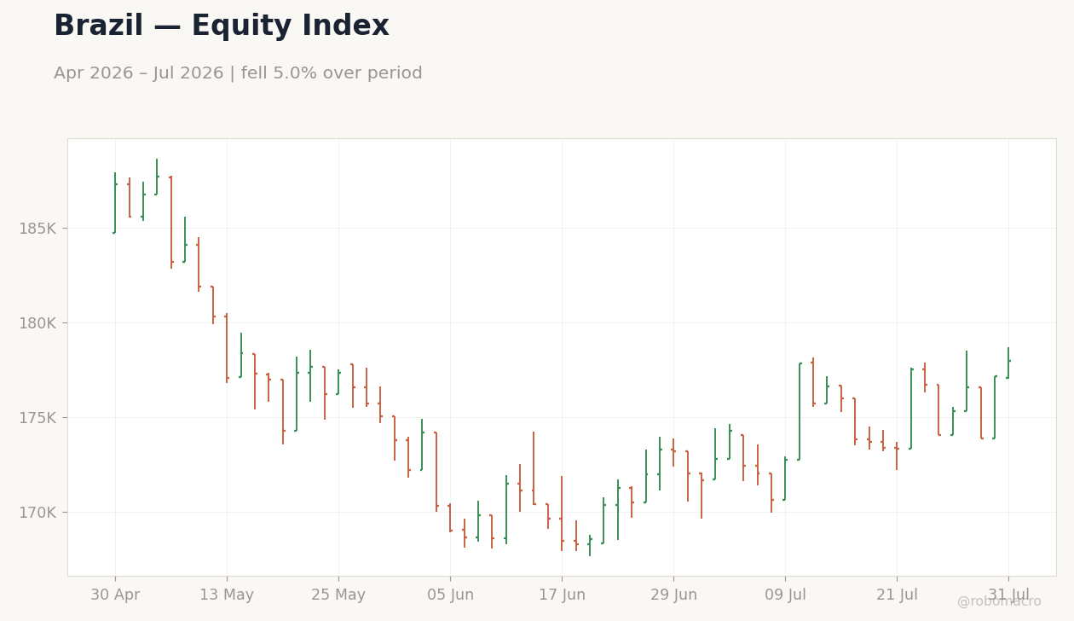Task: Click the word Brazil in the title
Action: (x=98, y=26)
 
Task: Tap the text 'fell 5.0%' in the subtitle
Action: (x=279, y=73)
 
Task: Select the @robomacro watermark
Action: (x=999, y=601)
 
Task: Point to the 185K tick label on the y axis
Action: (x=38, y=229)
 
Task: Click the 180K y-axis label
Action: (x=38, y=323)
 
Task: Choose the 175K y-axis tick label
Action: (x=38, y=418)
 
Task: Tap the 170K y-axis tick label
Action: (x=38, y=513)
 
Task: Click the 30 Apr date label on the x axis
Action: (x=115, y=595)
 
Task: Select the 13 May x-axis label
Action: (x=227, y=595)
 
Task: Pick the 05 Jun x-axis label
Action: (x=450, y=595)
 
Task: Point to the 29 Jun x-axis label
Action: (x=673, y=595)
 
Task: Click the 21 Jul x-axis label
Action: (x=897, y=595)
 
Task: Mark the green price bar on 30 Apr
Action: (x=115, y=203)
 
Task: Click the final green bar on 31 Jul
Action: (x=1008, y=363)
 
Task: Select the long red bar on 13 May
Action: (x=227, y=348)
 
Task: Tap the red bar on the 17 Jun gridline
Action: (x=562, y=513)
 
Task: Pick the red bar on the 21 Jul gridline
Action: (x=897, y=456)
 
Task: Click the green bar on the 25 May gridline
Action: (x=338, y=382)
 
